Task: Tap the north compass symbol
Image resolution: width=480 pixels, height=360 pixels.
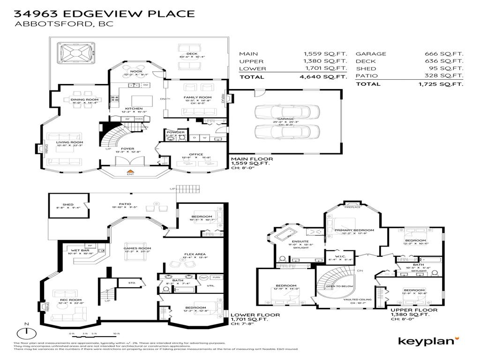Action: [27, 332]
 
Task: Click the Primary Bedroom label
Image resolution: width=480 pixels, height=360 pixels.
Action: [354, 230]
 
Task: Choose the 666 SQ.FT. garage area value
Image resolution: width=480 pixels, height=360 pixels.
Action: [443, 54]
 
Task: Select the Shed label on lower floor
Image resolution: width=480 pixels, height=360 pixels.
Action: [68, 204]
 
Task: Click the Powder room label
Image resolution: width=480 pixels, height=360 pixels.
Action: [176, 133]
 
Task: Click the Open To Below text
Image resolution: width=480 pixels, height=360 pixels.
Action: [340, 285]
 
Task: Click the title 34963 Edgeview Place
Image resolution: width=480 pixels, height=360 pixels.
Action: [105, 13]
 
